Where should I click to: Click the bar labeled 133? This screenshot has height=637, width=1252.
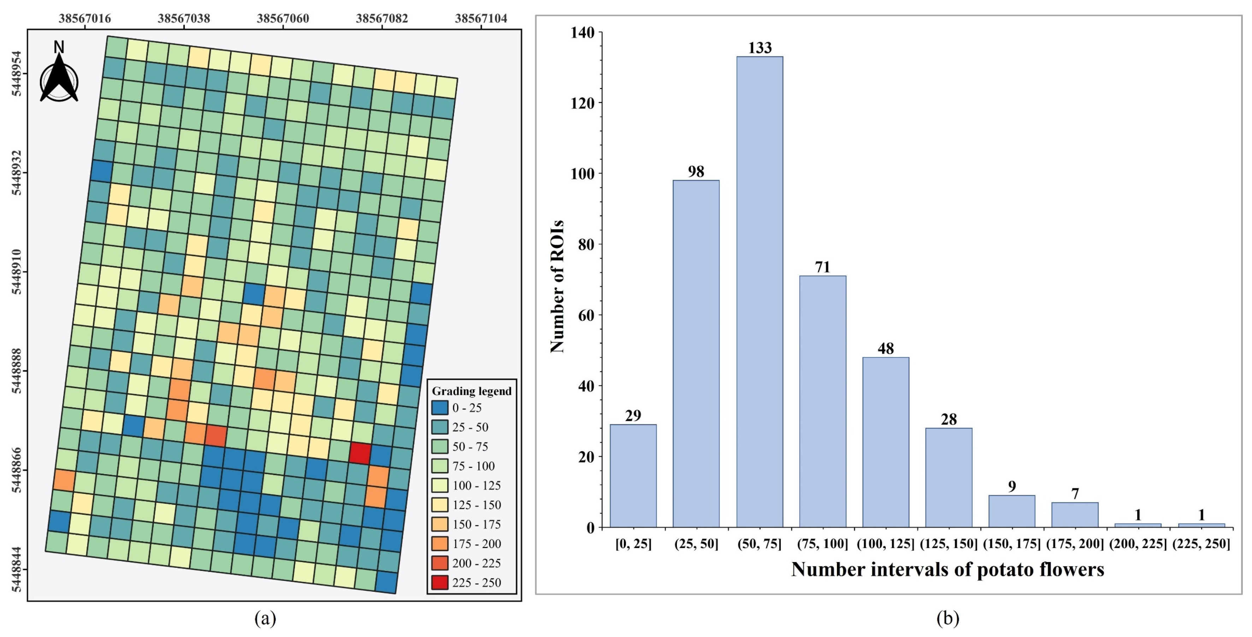pyautogui.click(x=759, y=291)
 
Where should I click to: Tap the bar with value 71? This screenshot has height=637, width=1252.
pyautogui.click(x=822, y=401)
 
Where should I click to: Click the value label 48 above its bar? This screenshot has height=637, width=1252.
pyautogui.click(x=886, y=348)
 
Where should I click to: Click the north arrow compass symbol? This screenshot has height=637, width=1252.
pyautogui.click(x=59, y=77)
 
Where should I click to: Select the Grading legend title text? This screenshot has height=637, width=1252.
pyautogui.click(x=472, y=391)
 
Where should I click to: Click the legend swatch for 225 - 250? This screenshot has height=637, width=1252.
pyautogui.click(x=439, y=583)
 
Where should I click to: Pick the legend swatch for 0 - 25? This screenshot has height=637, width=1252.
pyautogui.click(x=439, y=408)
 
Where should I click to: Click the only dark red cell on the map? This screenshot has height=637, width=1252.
pyautogui.click(x=360, y=453)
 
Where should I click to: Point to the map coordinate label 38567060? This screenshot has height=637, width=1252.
pyautogui.click(x=283, y=18)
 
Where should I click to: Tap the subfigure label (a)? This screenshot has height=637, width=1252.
pyautogui.click(x=265, y=619)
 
